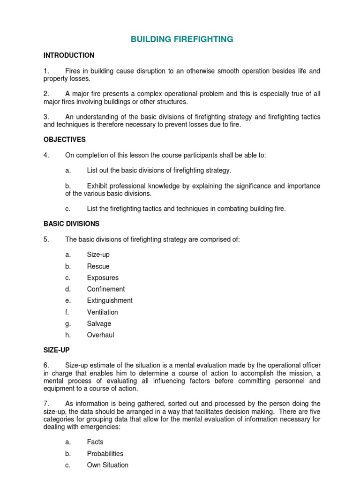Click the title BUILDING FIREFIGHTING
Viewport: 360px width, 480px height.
182,39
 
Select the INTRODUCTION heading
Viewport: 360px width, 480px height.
69,55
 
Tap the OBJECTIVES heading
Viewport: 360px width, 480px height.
65,140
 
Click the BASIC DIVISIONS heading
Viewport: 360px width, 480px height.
71,224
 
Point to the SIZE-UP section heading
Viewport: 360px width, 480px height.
56,350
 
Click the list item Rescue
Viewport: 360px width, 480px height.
98,266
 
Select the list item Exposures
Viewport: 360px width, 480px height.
103,277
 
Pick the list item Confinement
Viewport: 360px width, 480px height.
106,289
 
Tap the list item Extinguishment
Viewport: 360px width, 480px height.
110,300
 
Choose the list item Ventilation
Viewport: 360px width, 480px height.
102,312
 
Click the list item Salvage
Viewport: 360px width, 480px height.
99,323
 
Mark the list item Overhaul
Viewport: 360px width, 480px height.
100,335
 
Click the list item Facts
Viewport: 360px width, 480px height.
95,442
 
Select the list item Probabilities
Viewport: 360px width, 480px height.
105,454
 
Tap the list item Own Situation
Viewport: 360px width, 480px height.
107,465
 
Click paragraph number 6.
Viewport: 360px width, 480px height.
46,365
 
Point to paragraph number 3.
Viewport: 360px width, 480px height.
46,117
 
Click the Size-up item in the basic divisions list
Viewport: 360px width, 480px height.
98,255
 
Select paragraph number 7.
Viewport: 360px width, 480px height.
46,404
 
